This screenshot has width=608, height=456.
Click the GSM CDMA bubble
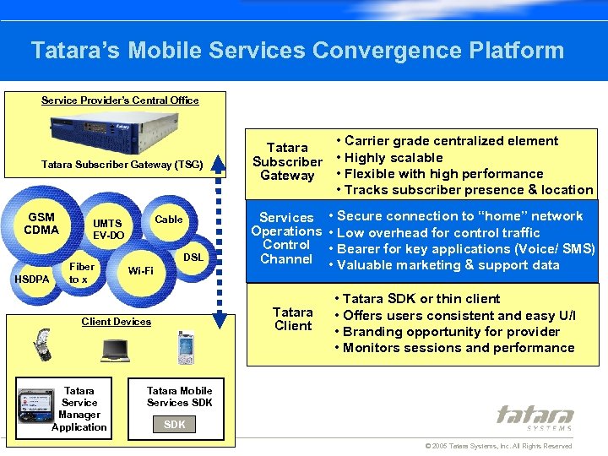[41, 224]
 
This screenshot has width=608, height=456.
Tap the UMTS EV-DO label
[108, 230]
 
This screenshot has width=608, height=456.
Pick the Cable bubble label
[169, 220]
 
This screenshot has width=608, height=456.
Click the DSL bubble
[193, 256]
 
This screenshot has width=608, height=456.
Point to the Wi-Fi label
[140, 271]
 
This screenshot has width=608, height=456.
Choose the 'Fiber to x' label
[82, 273]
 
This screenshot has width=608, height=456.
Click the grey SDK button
[175, 424]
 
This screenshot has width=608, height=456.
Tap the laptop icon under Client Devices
[115, 349]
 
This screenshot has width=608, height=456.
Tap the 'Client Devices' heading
[117, 322]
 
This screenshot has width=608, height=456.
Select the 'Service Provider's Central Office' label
[120, 100]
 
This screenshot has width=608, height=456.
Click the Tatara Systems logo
[535, 417]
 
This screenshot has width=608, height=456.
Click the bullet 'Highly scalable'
[389, 157]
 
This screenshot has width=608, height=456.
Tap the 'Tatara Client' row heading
[293, 318]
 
